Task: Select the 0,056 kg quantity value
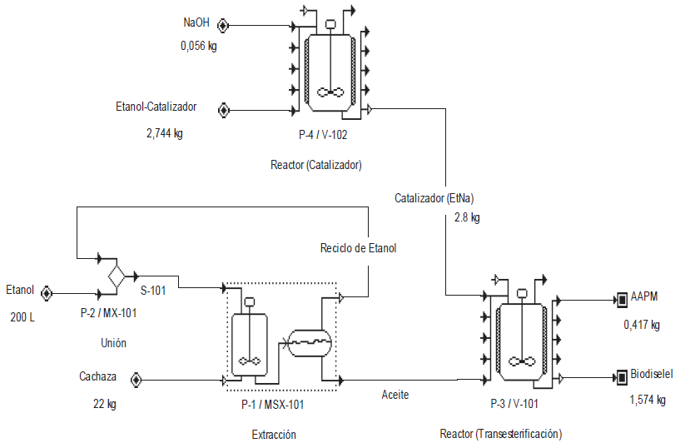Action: click(x=198, y=47)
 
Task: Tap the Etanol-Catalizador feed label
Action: click(x=156, y=107)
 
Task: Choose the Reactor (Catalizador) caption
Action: click(x=316, y=164)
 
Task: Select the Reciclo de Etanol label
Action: click(x=359, y=248)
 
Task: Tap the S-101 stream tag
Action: click(x=156, y=280)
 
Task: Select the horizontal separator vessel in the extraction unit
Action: click(x=308, y=339)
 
